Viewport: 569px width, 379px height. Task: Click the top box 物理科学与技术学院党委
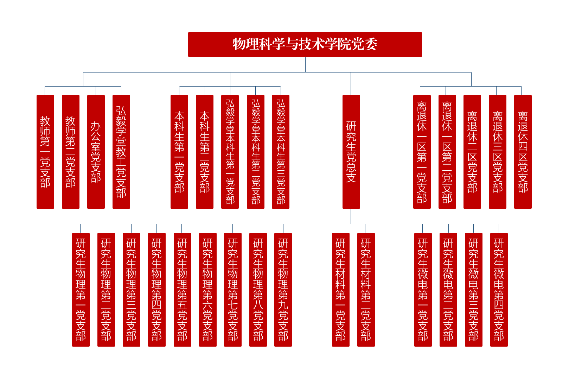point(305,44)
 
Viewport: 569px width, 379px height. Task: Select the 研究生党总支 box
point(351,152)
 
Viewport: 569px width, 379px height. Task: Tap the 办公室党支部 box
point(96,152)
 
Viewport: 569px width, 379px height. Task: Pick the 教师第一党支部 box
point(45,152)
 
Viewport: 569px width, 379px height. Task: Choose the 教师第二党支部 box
point(70,152)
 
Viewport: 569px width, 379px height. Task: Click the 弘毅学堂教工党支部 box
point(121,152)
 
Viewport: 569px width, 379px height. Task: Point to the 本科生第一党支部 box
point(179,152)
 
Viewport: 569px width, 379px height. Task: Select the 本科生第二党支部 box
point(205,152)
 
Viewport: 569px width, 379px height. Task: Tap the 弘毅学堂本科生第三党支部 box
point(281,152)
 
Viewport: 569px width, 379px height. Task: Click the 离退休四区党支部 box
point(523,152)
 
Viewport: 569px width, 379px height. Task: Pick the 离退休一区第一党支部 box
point(422,152)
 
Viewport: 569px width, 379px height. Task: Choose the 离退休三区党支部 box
point(497,152)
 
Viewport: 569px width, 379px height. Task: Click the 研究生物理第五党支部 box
point(182,290)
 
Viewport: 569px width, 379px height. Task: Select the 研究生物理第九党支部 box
point(283,290)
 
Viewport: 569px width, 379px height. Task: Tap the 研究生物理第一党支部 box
point(81,290)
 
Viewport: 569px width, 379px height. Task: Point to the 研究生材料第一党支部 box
point(340,290)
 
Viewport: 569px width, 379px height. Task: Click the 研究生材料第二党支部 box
point(366,290)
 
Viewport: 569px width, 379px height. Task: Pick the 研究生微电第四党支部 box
point(499,290)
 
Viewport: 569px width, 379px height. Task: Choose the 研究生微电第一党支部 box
point(423,290)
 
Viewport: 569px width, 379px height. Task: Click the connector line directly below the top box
point(305,65)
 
